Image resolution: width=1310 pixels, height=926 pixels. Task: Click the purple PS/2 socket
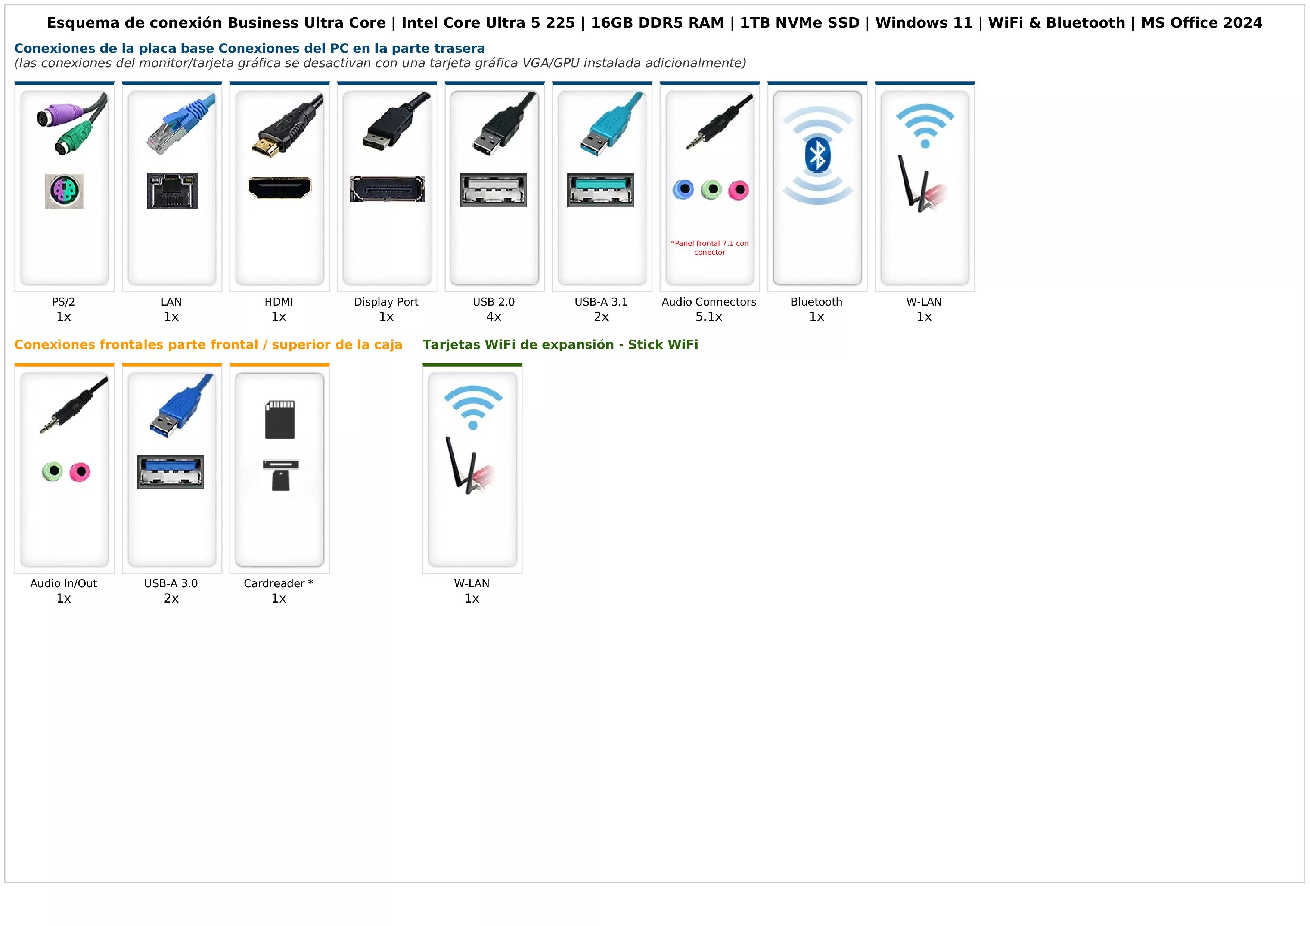(65, 191)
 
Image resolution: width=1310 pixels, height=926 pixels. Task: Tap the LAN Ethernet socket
(172, 191)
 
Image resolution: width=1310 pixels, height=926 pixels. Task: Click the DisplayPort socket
(387, 189)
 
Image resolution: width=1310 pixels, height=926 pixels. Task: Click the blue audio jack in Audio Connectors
(683, 189)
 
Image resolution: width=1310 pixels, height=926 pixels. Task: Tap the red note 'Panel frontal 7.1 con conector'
(710, 248)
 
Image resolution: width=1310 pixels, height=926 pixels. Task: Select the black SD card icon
(280, 419)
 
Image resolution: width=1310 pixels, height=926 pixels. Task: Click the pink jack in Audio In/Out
(80, 472)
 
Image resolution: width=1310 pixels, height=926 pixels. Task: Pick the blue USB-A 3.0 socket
(171, 471)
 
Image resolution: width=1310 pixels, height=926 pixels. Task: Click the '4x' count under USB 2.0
(494, 317)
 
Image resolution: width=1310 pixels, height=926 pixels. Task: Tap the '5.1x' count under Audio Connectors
(709, 317)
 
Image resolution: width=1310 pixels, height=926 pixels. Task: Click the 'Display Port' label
(386, 302)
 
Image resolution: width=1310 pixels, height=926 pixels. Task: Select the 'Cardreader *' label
(279, 583)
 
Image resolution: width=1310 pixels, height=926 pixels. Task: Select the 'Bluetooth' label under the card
(816, 302)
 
